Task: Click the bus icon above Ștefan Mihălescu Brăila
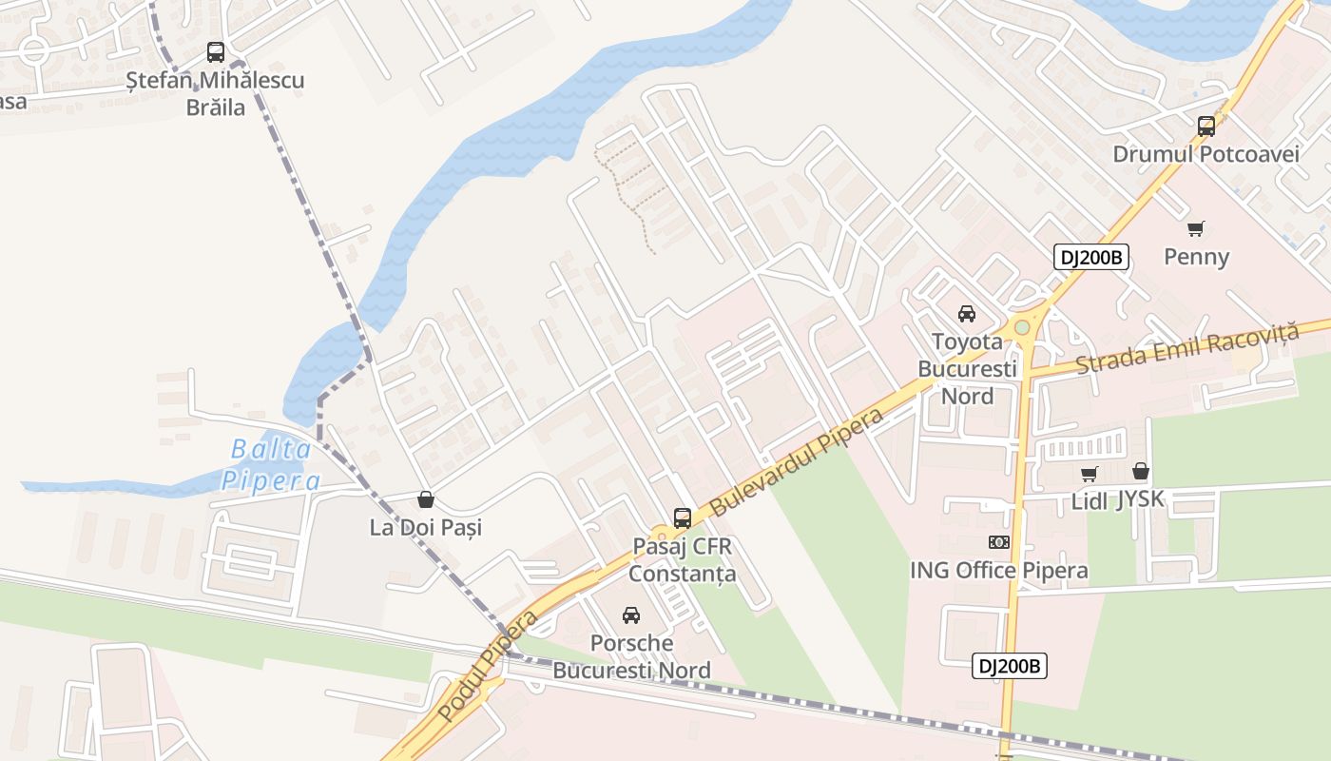216,52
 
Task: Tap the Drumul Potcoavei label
1206,154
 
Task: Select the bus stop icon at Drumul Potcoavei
1206,126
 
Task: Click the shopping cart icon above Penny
1196,228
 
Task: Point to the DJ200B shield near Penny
1090,257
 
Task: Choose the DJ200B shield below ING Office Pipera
1010,666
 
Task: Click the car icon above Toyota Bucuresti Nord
967,314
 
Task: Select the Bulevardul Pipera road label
797,462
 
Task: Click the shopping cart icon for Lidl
1090,473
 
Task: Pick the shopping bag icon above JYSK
1141,471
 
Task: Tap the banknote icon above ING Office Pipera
999,542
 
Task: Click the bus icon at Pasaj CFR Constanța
683,518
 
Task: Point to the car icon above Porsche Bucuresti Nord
631,615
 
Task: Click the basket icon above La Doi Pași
426,499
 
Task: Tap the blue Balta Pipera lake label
271,464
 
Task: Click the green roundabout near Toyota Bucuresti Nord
1022,327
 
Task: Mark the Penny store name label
1197,257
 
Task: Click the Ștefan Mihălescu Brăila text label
216,93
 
